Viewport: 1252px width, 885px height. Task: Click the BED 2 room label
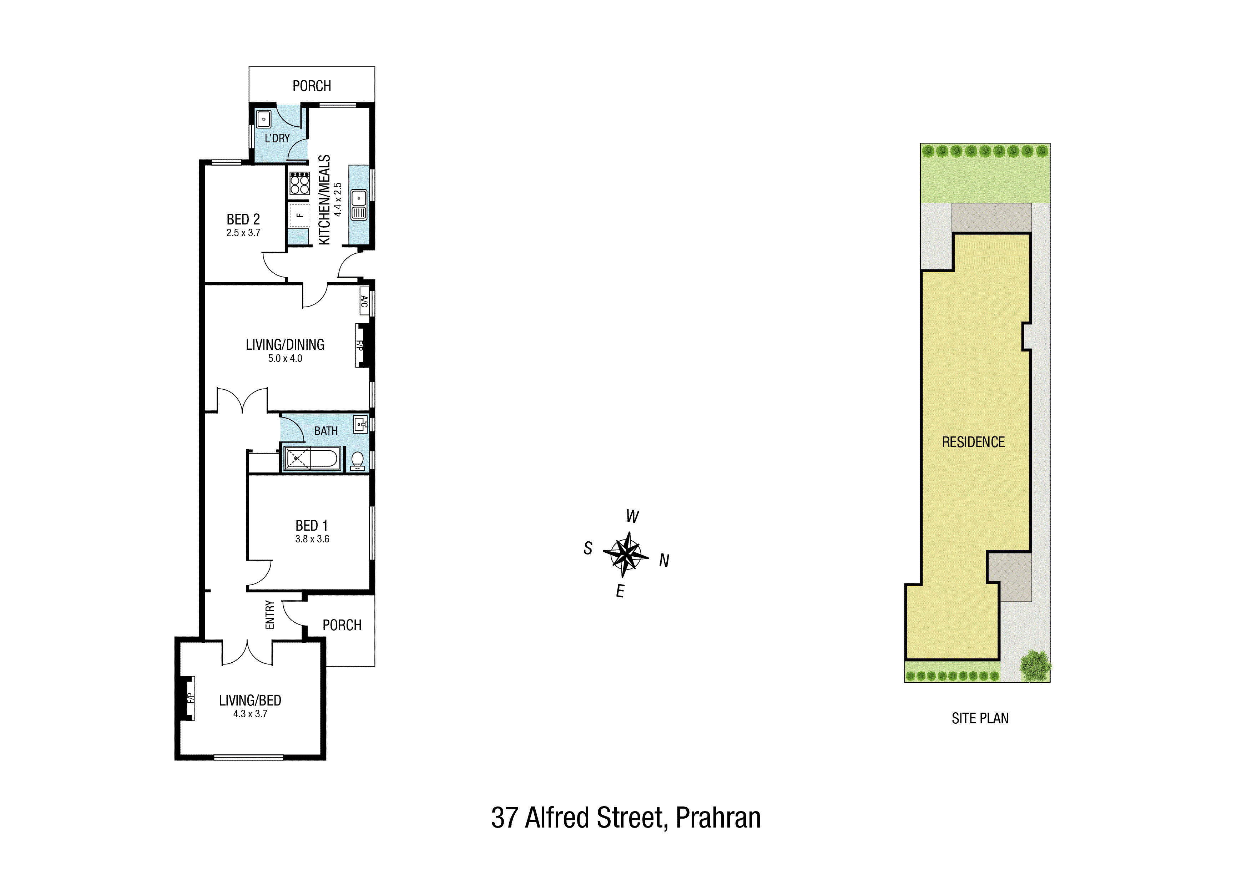pyautogui.click(x=243, y=219)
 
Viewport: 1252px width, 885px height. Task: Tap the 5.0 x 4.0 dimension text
pyautogui.click(x=285, y=358)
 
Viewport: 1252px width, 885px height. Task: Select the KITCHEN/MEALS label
pyautogui.click(x=324, y=199)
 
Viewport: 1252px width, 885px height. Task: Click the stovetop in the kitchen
pyautogui.click(x=299, y=183)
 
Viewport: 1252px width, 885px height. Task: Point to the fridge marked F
pyautogui.click(x=299, y=216)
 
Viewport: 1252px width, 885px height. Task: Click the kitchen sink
pyautogui.click(x=359, y=204)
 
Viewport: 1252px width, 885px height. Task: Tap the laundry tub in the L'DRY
pyautogui.click(x=264, y=119)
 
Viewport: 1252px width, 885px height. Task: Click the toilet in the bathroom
pyautogui.click(x=358, y=461)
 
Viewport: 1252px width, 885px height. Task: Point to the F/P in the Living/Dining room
pyautogui.click(x=360, y=345)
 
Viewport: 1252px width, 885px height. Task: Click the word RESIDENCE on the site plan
pyautogui.click(x=973, y=442)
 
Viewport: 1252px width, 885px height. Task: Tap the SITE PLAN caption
pyautogui.click(x=980, y=718)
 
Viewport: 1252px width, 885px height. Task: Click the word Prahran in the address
pyautogui.click(x=718, y=818)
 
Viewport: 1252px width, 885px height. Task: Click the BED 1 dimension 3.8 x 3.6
pyautogui.click(x=312, y=539)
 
